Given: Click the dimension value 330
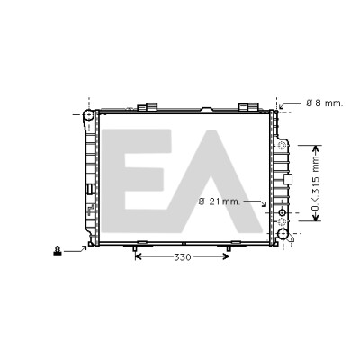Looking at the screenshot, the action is [x=183, y=257].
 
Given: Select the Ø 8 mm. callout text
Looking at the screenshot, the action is [x=324, y=103].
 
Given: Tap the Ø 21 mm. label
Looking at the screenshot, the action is [x=220, y=202].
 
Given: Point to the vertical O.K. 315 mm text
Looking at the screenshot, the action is [x=315, y=184].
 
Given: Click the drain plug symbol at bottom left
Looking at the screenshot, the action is [x=57, y=251].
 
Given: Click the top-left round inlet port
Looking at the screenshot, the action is [x=89, y=115].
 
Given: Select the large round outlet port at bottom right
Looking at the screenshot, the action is [x=283, y=234].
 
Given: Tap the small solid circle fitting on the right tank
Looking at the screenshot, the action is [x=282, y=212].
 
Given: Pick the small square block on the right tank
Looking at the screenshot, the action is [x=288, y=179].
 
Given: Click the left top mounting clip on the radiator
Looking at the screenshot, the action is [x=148, y=107].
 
